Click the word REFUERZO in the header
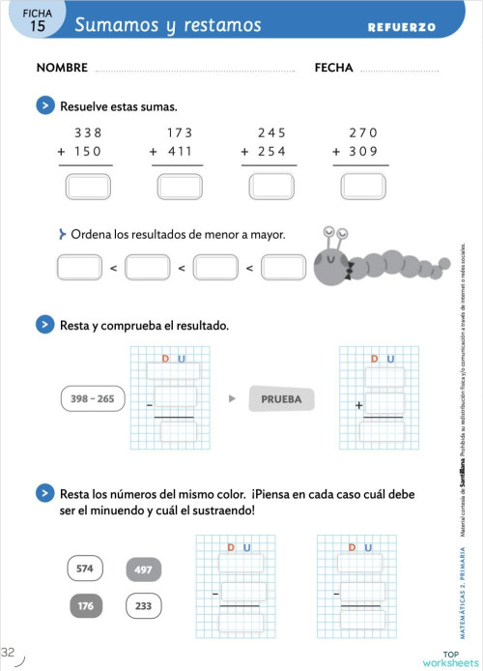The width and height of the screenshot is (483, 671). click(x=401, y=27)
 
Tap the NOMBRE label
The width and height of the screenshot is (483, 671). click(x=62, y=69)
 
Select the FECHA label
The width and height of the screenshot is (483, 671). click(x=333, y=69)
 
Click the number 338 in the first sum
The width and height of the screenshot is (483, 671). click(x=88, y=132)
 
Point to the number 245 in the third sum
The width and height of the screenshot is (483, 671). click(x=272, y=132)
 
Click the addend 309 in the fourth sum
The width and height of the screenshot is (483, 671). click(x=364, y=152)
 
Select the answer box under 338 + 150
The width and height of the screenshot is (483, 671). click(x=88, y=185)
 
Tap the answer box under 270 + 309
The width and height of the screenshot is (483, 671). click(x=364, y=185)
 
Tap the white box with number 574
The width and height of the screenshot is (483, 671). click(x=85, y=569)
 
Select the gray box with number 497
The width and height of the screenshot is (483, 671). click(x=143, y=569)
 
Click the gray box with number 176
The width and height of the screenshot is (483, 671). click(x=85, y=606)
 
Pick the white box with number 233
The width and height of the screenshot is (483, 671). click(x=143, y=606)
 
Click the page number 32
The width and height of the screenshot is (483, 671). click(x=9, y=651)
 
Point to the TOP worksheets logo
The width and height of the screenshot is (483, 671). click(x=449, y=658)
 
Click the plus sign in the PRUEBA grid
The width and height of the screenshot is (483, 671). click(x=359, y=407)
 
